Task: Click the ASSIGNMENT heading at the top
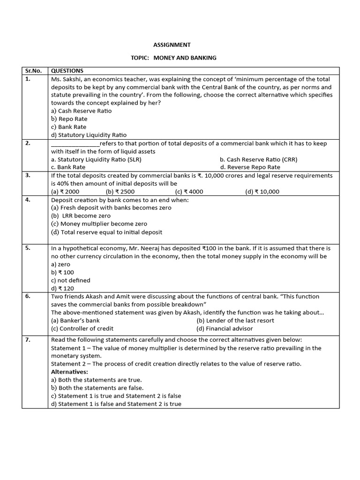coord(172,45)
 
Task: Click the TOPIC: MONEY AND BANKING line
coord(173,58)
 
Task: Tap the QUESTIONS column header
coord(67,71)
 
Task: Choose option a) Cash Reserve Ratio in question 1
coord(81,111)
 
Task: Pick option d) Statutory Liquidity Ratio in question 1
coord(89,135)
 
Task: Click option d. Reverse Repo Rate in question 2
coord(250,167)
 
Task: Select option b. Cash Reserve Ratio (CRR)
coord(258,159)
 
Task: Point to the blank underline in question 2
coord(75,144)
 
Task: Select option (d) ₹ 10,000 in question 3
coord(262,192)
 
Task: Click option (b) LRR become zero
coord(81,216)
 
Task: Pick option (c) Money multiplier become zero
coord(99,224)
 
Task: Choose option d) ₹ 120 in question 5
coord(62,289)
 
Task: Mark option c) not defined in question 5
coord(70,280)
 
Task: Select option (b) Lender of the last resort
coord(235,321)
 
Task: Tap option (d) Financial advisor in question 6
coord(225,329)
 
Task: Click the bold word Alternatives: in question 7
coord(69,372)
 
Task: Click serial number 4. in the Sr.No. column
coord(28,200)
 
